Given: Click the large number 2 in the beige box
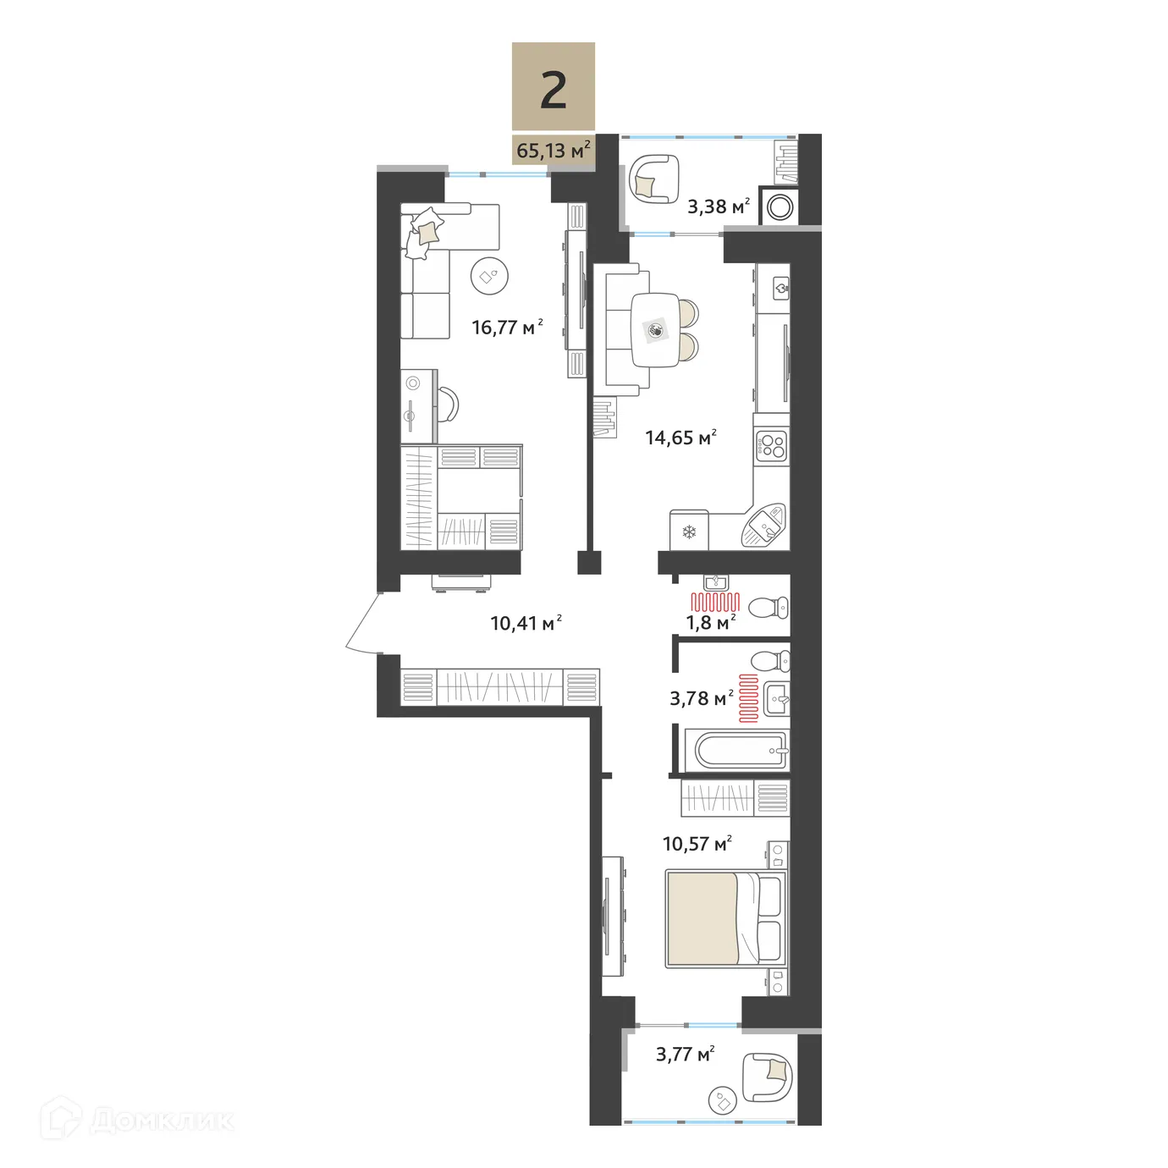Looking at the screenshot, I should (553, 90).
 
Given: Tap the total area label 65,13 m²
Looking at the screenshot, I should (553, 151).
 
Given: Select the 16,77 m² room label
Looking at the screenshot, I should (506, 327).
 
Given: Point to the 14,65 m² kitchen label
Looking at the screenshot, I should (680, 438).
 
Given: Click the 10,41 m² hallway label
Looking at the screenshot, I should (525, 623).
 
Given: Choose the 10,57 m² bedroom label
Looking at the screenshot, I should (697, 844).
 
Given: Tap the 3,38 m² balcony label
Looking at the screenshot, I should (718, 207).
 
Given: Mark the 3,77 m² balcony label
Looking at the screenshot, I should (685, 1054).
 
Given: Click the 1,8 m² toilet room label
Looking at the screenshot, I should (709, 623).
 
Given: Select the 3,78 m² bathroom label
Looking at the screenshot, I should (701, 698).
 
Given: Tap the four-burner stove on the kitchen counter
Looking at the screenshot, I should (771, 445).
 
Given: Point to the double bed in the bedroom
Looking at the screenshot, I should (725, 919).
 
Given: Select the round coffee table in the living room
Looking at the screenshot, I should (489, 275).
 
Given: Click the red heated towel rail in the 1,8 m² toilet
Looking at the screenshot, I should (715, 603).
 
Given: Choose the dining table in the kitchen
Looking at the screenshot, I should (655, 330).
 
